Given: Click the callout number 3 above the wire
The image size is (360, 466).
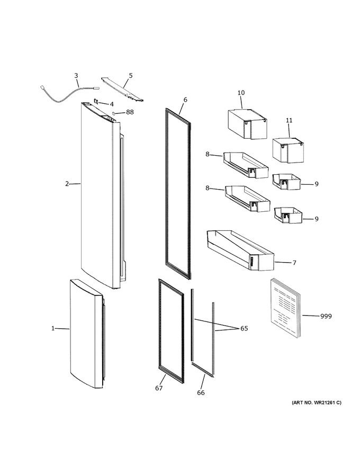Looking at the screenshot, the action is pos(76,76).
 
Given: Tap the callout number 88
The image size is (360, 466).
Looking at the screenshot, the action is pos(130,112).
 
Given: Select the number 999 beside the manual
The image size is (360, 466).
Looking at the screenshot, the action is pos(326,316).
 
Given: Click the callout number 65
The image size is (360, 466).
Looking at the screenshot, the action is pos(244,328).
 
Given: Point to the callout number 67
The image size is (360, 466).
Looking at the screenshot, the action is pos(159,388).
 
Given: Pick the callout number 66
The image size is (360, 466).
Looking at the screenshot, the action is pos(201,392).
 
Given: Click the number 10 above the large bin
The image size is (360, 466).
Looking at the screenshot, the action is pos(241,93).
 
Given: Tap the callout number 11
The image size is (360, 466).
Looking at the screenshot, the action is pos(289,120).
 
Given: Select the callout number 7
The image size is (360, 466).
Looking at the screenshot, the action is pos(294,263).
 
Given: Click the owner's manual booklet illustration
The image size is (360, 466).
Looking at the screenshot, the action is pos(285,309).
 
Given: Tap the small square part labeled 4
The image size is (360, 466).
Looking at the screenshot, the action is pos(96,101).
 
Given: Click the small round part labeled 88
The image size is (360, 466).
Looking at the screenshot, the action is pos(113,113).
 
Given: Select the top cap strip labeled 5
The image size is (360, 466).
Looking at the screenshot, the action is pos(123,89).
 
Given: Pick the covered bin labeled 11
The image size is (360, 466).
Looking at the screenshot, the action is pos(289,150).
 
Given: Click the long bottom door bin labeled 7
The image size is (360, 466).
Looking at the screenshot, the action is pos(240,250).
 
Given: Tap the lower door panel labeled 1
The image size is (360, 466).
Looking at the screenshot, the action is pos(86,334).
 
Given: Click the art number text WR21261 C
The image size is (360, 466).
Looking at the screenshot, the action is pos(317,402).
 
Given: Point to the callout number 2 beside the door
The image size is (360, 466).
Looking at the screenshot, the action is pos(67,184).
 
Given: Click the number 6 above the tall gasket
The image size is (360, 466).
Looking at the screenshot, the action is pos(185,100).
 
